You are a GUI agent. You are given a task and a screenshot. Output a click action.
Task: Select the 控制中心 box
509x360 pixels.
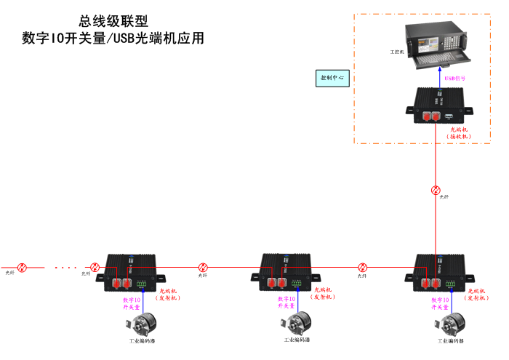(x=333, y=78)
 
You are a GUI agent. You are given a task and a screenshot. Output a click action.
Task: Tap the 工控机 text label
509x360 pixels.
(x=397, y=52)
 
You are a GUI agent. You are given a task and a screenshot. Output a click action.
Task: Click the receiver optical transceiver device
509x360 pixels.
(x=438, y=105)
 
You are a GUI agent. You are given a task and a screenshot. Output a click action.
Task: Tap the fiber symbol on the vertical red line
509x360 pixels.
(x=436, y=190)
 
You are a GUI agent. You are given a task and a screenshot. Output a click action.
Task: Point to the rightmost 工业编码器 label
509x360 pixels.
(x=450, y=340)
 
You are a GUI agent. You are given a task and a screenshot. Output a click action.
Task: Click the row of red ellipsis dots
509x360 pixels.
(x=66, y=268)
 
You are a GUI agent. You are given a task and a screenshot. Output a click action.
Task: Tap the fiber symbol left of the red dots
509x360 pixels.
(x=22, y=268)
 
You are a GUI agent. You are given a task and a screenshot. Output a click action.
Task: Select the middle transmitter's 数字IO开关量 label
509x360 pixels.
(x=286, y=303)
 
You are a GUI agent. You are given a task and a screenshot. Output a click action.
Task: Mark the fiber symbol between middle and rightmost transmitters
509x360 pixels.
(x=362, y=267)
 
